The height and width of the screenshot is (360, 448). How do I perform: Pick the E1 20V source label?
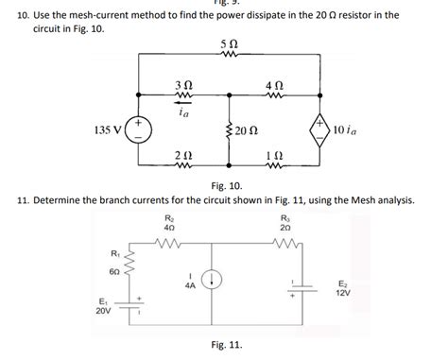(101, 303)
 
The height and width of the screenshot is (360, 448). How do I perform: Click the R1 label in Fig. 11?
(114, 253)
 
